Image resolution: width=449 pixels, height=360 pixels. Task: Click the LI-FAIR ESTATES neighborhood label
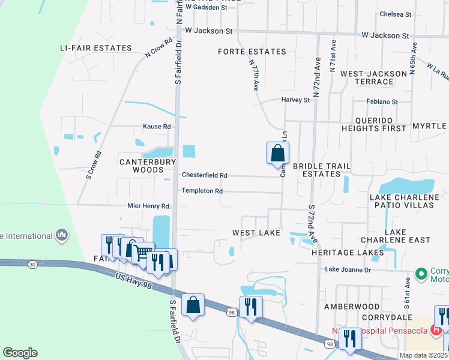[x=95, y=48]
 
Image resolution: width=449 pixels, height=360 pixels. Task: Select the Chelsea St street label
[x=396, y=14]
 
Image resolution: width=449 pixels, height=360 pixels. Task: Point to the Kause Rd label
[x=157, y=127]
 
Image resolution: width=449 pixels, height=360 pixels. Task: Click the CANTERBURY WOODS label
[x=148, y=166]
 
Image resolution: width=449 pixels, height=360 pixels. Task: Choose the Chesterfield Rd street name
[x=205, y=175]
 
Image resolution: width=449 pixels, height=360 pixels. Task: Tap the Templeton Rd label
[x=202, y=191]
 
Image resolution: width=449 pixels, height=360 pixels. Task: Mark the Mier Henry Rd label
[x=148, y=206]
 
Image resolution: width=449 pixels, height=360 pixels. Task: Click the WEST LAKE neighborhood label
[x=257, y=232]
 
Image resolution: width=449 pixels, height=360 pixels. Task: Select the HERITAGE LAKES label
[x=348, y=253]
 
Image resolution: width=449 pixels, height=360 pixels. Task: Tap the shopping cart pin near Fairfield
[x=143, y=253]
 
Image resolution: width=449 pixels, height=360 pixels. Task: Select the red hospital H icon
[x=437, y=329]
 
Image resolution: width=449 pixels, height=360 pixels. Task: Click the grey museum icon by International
[x=61, y=236]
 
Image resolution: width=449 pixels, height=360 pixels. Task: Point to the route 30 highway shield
[x=32, y=264]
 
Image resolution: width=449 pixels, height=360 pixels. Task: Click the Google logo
[x=20, y=353]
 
